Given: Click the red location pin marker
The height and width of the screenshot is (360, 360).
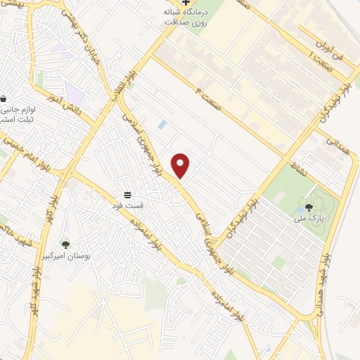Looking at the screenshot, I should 181,165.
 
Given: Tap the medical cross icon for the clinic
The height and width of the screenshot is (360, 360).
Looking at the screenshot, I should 186,2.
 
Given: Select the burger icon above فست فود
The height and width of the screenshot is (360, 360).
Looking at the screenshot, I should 128,194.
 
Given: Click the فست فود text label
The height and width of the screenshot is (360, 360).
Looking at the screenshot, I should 129,205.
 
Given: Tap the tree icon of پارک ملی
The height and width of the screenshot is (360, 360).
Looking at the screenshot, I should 309,207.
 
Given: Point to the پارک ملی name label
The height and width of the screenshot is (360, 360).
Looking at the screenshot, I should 309,218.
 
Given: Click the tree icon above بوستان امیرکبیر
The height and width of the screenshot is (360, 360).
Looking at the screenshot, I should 65,244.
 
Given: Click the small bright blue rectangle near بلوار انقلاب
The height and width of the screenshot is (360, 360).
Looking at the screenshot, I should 162,124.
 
